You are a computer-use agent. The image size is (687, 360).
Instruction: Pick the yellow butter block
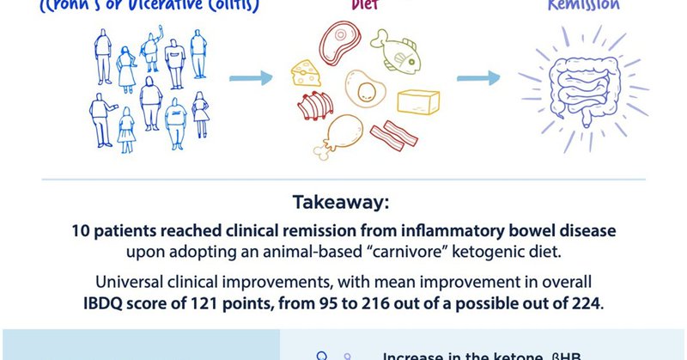[418, 101]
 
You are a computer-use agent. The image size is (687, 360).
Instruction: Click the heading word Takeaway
[343, 204]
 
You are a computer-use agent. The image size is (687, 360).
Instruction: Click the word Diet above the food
[364, 3]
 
